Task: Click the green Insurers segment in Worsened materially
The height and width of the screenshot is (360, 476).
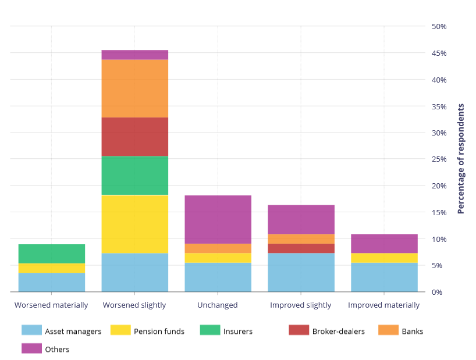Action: click(52, 254)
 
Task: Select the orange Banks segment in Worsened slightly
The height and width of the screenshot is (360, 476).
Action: click(134, 88)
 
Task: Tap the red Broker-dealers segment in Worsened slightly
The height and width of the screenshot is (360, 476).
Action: click(134, 137)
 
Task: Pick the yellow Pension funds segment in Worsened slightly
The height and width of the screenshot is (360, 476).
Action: click(134, 224)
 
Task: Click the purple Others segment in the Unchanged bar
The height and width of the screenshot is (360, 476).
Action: click(218, 219)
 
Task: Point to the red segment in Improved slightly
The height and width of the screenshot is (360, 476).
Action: click(301, 248)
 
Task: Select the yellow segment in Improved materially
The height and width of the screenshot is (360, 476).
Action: click(384, 258)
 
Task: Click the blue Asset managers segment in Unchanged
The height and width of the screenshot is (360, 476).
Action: click(218, 277)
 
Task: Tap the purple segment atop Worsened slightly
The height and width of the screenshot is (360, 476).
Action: click(134, 55)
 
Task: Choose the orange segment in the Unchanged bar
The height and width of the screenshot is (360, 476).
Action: click(218, 248)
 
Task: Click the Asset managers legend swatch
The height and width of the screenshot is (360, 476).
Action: click(31, 330)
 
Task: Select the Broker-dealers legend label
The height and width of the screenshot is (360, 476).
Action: click(338, 332)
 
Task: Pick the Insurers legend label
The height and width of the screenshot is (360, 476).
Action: click(237, 332)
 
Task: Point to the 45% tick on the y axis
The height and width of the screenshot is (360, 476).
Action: click(439, 54)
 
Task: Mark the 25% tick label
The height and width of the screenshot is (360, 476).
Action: click(439, 159)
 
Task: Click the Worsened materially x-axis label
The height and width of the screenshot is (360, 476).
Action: click(51, 305)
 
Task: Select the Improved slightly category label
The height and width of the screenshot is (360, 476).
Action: click(300, 305)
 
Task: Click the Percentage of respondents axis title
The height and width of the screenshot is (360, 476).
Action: click(461, 159)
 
